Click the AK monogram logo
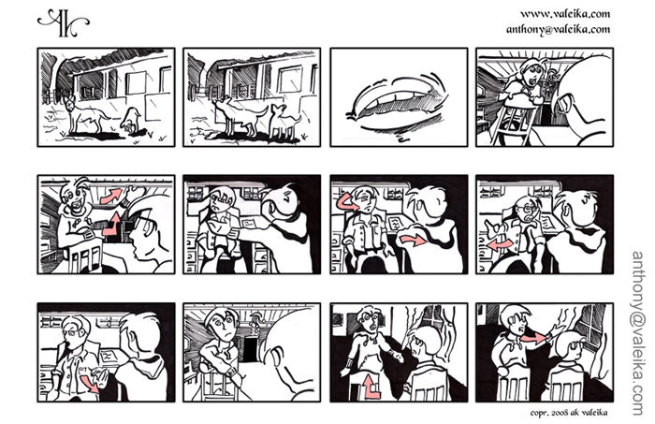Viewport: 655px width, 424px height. click(63, 23)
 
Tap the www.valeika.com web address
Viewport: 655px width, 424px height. click(565, 14)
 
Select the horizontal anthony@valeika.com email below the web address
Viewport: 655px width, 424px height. click(558, 29)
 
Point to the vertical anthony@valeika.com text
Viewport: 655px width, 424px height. click(638, 333)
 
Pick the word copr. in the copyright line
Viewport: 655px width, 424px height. click(539, 413)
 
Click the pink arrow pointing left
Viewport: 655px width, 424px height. click(500, 244)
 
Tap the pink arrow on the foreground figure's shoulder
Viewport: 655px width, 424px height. click(413, 241)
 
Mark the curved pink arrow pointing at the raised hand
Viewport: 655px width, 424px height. click(111, 195)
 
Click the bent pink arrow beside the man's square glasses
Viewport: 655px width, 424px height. click(113, 225)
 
